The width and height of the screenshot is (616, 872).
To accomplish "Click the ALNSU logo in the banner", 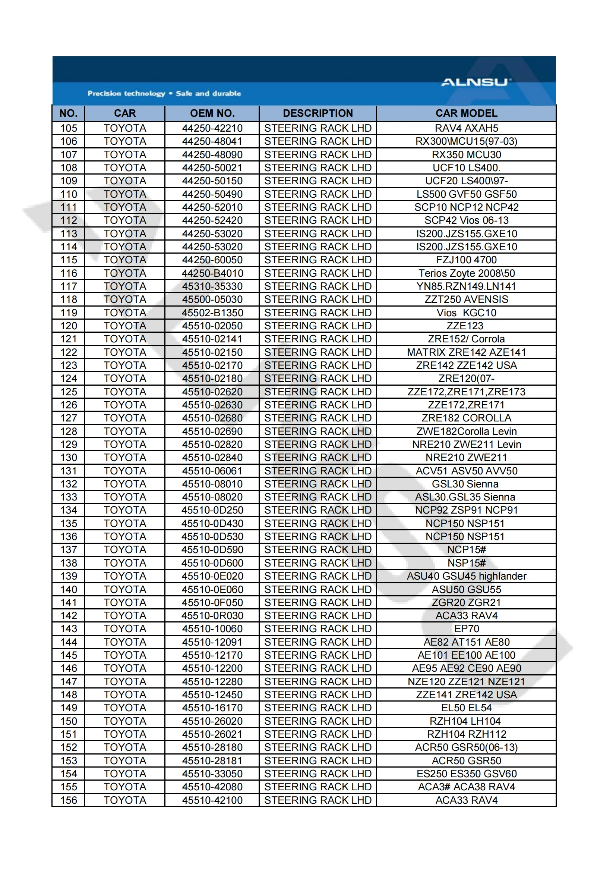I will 476,82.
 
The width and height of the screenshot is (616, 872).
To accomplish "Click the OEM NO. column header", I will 212,113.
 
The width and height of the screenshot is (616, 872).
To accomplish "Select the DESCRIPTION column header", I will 318,113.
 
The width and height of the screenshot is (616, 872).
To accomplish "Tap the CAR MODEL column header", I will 466,113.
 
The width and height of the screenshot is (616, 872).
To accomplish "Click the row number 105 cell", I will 69,128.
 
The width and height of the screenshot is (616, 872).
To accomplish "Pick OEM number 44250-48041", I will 212,141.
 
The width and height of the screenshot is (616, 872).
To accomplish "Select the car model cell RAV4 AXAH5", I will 466,128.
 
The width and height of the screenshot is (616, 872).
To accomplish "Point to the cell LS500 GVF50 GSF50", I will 466,194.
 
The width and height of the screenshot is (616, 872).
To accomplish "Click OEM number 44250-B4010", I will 212,273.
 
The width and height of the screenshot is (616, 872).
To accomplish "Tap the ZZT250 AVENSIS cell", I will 466,299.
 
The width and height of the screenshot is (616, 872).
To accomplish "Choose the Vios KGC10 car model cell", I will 466,313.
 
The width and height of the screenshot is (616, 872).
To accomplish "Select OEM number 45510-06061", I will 212,471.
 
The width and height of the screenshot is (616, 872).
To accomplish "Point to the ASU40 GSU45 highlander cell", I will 466,576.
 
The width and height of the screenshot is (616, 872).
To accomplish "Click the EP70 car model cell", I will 467,628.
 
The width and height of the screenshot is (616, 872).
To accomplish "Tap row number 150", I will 69,721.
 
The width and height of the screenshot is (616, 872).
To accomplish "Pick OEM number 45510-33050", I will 212,774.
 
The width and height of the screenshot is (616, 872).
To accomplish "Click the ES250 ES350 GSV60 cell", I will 466,774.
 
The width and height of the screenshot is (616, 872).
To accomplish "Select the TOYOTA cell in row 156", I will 125,800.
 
